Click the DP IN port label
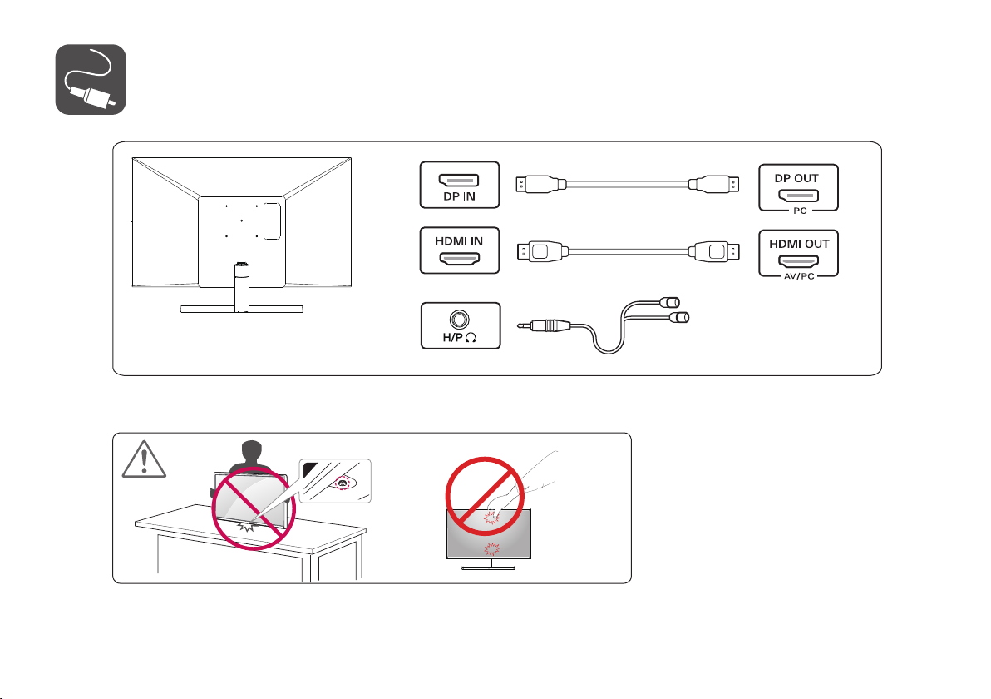(x=459, y=199)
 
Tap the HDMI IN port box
(x=459, y=251)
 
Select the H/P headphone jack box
(x=459, y=325)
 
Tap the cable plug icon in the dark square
(x=91, y=79)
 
